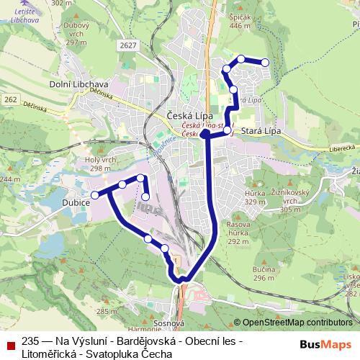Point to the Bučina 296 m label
click(x=265, y=273)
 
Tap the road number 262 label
click(x=9, y=99)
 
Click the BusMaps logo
click(x=325, y=344)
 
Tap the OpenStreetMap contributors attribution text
click(x=297, y=323)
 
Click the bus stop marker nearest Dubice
click(x=94, y=194)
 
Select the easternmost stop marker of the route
click(x=266, y=63)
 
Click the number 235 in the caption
click(x=30, y=341)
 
